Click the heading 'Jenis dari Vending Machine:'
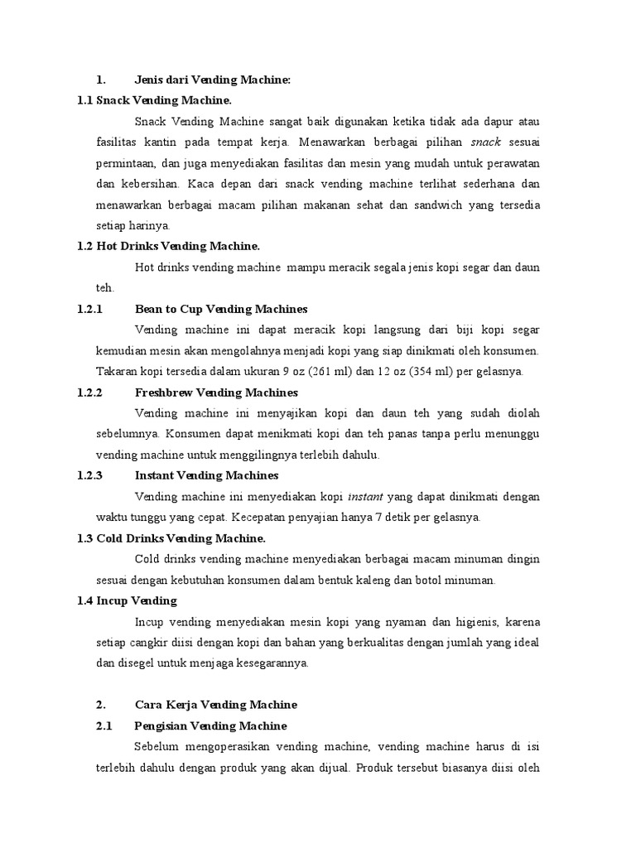tap(213, 80)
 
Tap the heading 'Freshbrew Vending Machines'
tap(215, 392)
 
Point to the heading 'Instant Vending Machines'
tap(206, 475)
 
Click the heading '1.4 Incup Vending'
tap(127, 600)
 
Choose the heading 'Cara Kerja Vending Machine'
tap(215, 705)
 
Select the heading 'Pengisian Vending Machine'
tap(210, 725)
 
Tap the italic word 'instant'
tap(364, 497)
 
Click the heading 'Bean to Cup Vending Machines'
tap(221, 309)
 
